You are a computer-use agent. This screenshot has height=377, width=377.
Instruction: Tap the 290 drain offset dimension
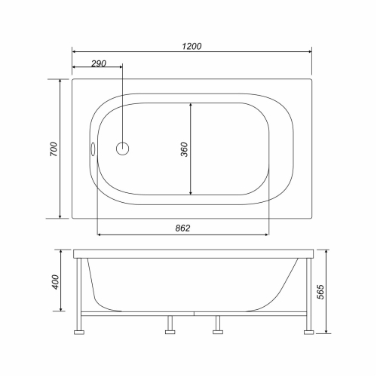pos(97,63)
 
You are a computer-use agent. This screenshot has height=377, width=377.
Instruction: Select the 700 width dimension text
pos(53,149)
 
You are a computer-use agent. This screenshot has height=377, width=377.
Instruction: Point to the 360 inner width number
pos(184,149)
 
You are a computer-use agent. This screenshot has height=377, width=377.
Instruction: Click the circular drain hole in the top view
pos(122,149)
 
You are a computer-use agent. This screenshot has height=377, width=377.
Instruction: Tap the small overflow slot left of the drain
pos(93,149)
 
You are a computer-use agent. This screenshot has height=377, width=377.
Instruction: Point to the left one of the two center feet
pos(170,326)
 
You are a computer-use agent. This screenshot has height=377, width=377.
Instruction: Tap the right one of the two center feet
pos(218,326)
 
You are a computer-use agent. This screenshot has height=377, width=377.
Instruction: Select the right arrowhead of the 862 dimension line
pos(267,234)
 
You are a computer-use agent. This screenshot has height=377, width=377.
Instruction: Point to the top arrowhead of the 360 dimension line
pos(192,104)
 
